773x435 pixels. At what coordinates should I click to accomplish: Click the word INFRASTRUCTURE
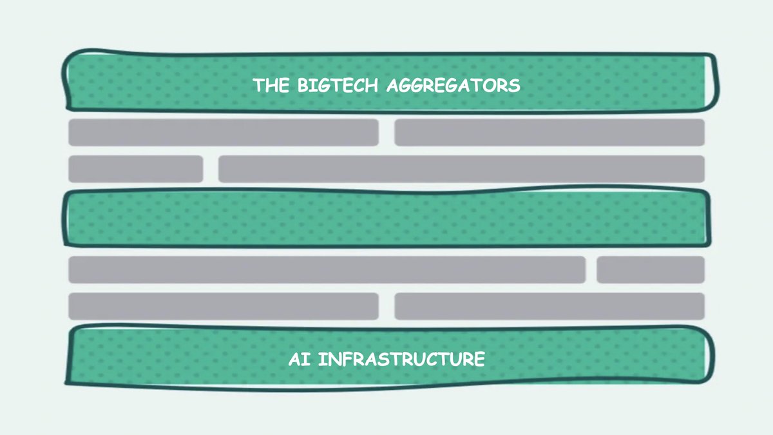[401, 359]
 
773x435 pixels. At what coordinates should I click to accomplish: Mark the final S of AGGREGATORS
[515, 85]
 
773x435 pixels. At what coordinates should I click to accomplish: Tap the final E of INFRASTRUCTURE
[479, 359]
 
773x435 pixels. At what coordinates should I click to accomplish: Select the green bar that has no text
[386, 218]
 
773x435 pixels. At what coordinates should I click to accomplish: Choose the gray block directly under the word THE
[223, 132]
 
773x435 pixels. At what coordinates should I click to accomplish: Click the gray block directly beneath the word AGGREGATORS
[549, 132]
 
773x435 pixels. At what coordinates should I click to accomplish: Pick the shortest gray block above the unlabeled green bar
[135, 169]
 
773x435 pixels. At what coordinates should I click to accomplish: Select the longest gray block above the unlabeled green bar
[461, 169]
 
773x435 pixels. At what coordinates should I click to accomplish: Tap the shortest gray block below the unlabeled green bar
[650, 269]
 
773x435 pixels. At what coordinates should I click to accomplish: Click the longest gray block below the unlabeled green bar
[327, 269]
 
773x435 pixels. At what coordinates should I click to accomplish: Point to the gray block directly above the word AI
[223, 306]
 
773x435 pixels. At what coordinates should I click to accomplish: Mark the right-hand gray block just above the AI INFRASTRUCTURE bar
[549, 306]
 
